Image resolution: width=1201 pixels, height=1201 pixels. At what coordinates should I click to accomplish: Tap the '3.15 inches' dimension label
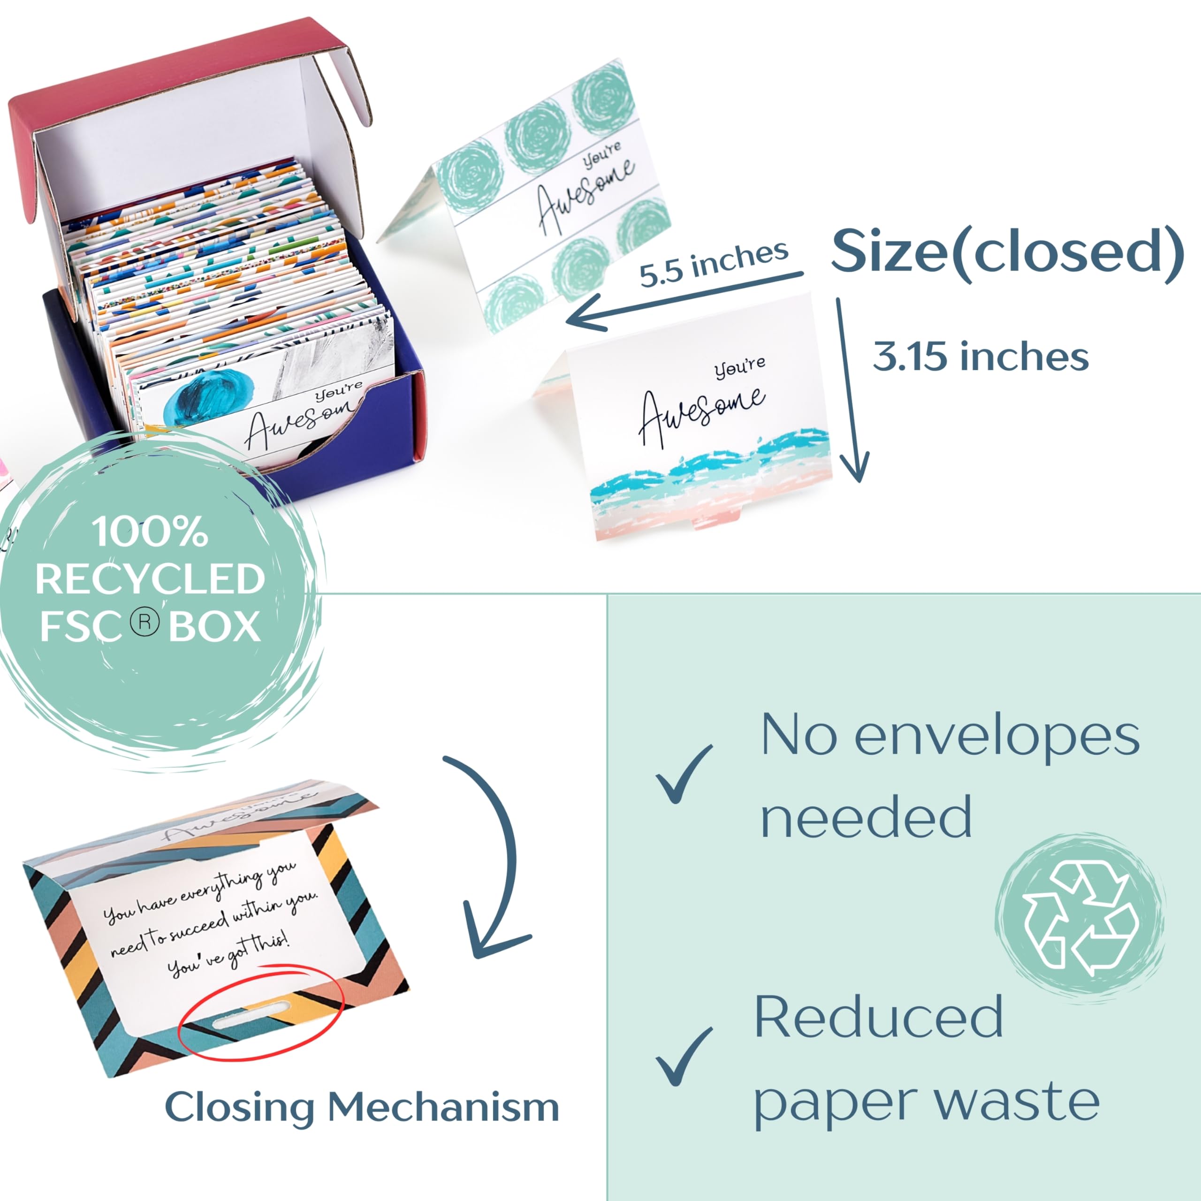click(x=981, y=357)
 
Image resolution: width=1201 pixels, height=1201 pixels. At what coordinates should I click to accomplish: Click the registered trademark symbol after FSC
click(x=145, y=623)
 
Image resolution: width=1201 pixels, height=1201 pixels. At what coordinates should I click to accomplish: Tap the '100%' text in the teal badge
click(x=150, y=532)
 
